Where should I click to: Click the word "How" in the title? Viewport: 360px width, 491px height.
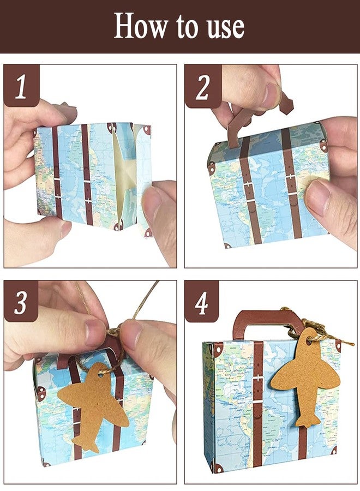[x=140, y=26]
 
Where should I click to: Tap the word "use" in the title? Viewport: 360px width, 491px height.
[x=226, y=28]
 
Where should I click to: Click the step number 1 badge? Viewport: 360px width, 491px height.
[x=21, y=85]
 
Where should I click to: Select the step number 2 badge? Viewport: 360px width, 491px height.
[x=203, y=86]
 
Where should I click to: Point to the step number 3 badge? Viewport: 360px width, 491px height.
[x=21, y=302]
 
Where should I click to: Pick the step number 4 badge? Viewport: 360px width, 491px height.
[x=202, y=302]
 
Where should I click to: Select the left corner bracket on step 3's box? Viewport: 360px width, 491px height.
[x=41, y=393]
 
